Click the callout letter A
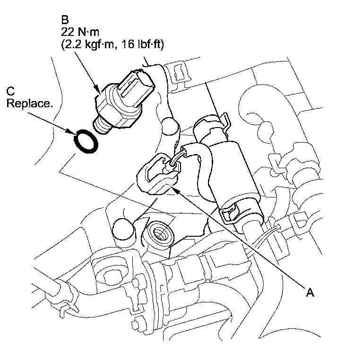[x=310, y=293]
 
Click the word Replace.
[x=29, y=103]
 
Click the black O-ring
[x=86, y=141]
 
